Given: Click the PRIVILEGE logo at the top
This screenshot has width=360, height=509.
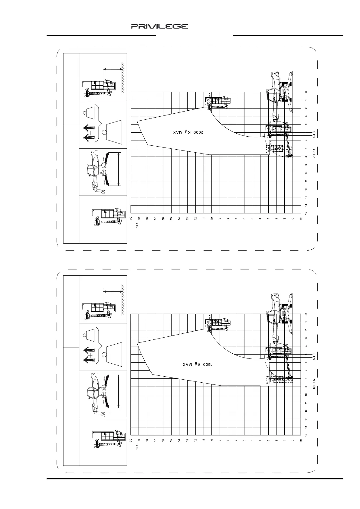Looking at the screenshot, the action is click(x=159, y=27).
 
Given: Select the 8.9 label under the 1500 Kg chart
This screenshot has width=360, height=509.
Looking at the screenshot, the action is click(x=314, y=386).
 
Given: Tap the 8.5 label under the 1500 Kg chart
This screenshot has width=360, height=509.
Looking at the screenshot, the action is click(x=314, y=381).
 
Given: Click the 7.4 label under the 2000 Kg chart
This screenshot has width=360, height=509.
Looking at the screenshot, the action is click(x=314, y=150).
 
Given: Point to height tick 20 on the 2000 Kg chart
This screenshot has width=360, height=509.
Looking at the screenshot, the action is click(x=131, y=219).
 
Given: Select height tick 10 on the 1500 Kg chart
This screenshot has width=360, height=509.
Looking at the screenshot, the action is click(x=212, y=441).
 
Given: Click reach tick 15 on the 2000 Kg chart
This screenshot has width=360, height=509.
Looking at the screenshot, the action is click(x=306, y=213).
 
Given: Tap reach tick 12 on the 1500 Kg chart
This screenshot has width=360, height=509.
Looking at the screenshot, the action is click(x=306, y=411).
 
